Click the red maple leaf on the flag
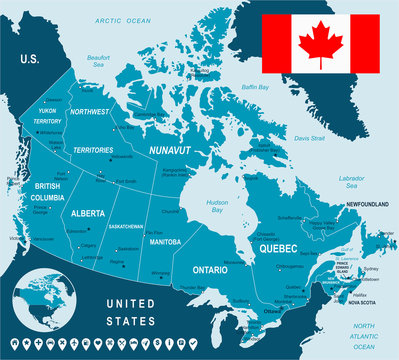pos(320,43)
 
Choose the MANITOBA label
pos(166,242)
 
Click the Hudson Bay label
pos(215,207)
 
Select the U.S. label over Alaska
pos(29,60)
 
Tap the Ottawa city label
pos(272,310)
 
